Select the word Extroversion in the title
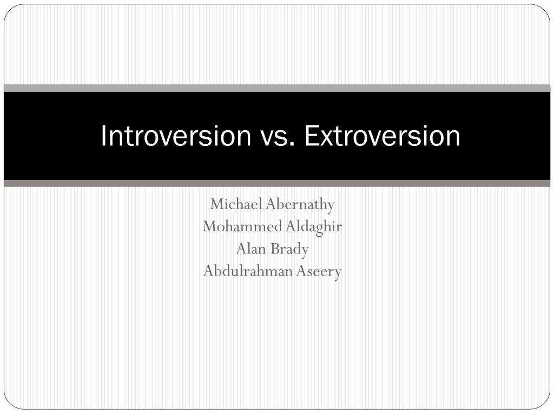point(382,136)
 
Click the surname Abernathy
point(300,204)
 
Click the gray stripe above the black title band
point(277,88)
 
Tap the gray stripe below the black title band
point(277,184)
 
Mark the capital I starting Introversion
point(103,136)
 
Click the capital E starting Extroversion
point(310,136)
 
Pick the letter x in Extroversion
point(323,138)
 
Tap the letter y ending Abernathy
point(331,206)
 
